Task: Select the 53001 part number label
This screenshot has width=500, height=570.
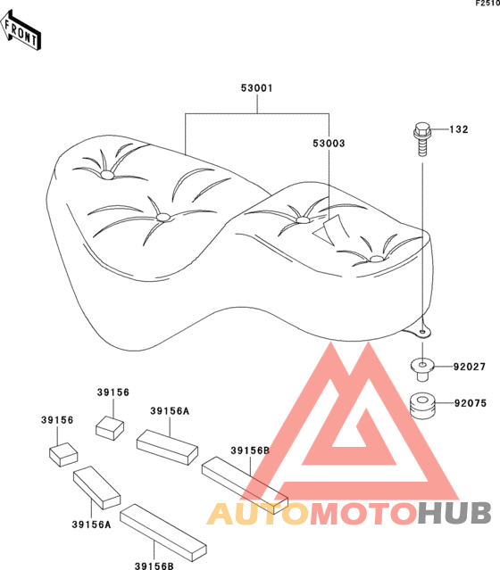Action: tap(256, 88)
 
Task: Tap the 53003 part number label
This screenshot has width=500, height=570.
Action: tap(329, 144)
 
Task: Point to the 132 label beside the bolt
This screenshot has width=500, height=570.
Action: tap(459, 129)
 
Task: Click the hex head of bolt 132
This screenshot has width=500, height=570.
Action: tap(422, 129)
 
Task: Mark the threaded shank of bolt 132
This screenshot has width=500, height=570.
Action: tap(422, 147)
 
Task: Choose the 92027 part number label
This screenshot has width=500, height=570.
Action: tap(470, 367)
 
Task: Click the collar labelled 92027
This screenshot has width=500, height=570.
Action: tap(422, 368)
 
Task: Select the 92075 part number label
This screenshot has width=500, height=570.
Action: tap(471, 403)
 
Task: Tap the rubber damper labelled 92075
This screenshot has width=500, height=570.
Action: tap(422, 405)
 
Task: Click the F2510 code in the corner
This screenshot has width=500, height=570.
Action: tap(488, 4)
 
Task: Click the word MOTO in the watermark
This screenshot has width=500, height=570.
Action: tap(363, 514)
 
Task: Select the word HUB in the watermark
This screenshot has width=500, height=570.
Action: tap(454, 513)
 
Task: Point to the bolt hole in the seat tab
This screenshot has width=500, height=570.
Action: tap(422, 332)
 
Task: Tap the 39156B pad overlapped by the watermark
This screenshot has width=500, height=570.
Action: tap(245, 485)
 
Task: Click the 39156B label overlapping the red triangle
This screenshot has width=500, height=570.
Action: tap(250, 450)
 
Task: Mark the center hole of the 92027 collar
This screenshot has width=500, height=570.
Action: tap(422, 364)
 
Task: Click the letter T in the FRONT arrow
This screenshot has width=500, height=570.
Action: tap(33, 39)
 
